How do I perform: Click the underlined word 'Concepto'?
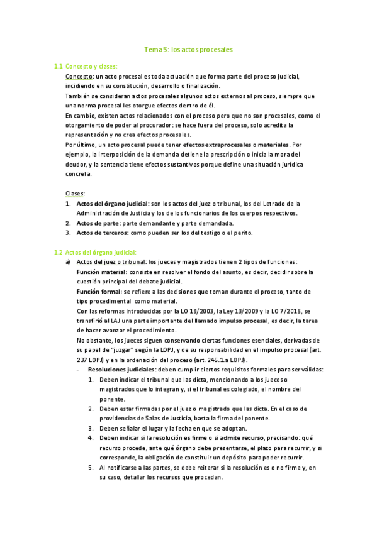(x=78, y=76)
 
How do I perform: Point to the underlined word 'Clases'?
(x=75, y=193)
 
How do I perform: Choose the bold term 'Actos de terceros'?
(x=102, y=233)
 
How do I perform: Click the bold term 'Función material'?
(x=101, y=272)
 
